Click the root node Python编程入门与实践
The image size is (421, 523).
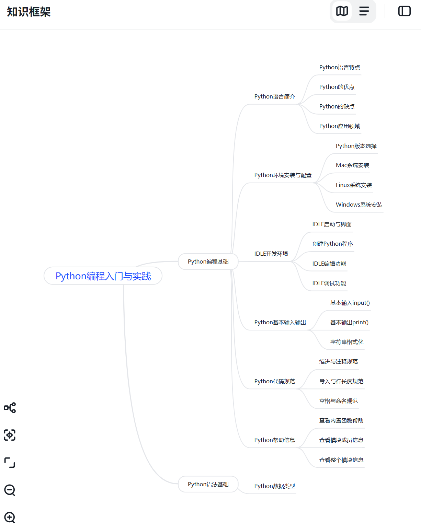[x=103, y=276]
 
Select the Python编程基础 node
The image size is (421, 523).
[x=208, y=261]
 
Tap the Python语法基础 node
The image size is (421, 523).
[x=208, y=484]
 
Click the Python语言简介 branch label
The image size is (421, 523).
[x=274, y=96]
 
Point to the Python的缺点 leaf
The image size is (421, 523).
[x=337, y=106]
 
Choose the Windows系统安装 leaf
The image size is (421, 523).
[x=359, y=205]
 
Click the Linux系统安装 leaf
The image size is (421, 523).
[x=354, y=185]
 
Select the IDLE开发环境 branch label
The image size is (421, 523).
[x=271, y=254]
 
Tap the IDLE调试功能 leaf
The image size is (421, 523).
[x=329, y=283]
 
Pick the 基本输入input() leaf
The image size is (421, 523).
[x=350, y=303]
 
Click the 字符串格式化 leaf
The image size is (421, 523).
[x=346, y=342]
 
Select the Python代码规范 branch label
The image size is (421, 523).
[x=274, y=381]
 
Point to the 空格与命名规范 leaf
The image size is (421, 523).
[x=338, y=401]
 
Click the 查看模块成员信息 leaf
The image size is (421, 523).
[x=341, y=440]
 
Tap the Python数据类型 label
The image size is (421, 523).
[x=274, y=486]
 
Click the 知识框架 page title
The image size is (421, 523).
[x=29, y=12]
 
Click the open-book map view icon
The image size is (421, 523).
[x=342, y=11]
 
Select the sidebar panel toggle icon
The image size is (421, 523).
[x=404, y=11]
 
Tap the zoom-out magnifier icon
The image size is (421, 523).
[x=10, y=490]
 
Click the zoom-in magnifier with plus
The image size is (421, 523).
[x=10, y=517]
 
